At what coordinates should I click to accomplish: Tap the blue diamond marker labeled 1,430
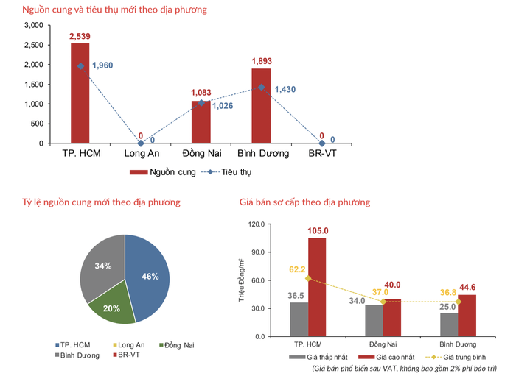coord(260,87)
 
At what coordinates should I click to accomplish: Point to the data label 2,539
coord(80,36)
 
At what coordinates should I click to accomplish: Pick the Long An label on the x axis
coord(140,154)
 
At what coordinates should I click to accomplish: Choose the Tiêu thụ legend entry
coord(234,172)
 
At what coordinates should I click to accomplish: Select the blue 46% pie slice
coord(147,272)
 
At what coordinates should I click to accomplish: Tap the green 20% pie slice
coord(112,308)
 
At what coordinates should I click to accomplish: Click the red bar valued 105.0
coord(317,287)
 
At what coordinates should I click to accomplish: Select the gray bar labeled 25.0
coord(448,324)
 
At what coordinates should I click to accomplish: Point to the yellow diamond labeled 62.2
coord(308,278)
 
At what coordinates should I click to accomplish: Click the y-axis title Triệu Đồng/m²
coord(241,280)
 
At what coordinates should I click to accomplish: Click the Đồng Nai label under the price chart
coord(383,344)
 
